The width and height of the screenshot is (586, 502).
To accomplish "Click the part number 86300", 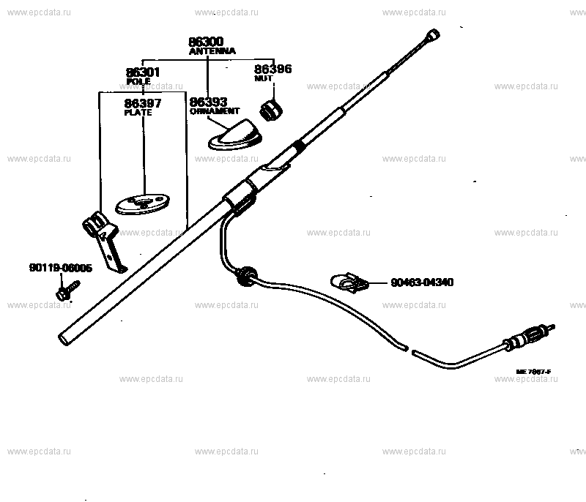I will tap(207, 42).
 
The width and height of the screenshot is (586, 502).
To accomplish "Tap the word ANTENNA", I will tap(212, 52).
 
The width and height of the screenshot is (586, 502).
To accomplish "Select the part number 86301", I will tap(143, 72).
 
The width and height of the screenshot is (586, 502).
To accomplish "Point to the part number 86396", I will tap(272, 69).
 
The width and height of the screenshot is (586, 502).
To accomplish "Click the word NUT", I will tap(263, 78).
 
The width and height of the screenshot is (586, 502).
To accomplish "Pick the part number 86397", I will tap(143, 103).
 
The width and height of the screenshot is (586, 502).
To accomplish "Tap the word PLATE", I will tap(138, 112).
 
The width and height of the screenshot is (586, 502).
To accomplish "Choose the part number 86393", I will tap(208, 102).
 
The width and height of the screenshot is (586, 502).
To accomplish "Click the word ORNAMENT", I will tap(215, 111).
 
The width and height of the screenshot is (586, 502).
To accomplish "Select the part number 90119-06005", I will tap(61, 269).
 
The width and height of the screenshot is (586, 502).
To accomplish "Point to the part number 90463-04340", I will tap(422, 282).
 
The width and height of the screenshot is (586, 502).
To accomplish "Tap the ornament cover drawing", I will tap(237, 134).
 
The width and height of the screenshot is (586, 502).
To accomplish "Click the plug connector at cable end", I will tap(525, 337).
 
